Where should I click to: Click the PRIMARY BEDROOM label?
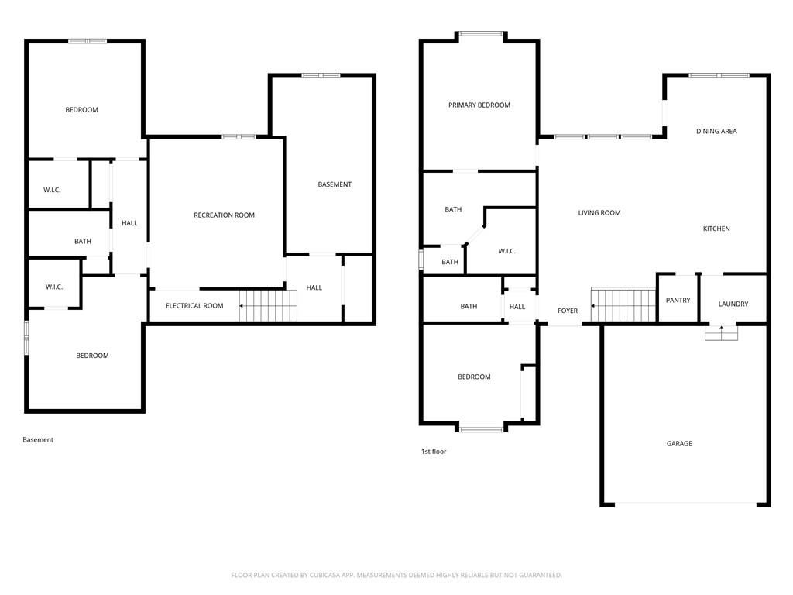click(479, 105)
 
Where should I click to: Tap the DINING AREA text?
click(716, 132)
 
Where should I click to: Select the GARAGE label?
click(679, 444)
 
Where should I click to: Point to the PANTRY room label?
click(678, 301)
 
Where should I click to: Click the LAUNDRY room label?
click(733, 304)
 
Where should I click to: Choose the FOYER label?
click(568, 311)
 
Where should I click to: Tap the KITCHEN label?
click(716, 229)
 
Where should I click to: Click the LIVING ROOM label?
click(599, 213)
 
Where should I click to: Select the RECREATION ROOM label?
click(224, 215)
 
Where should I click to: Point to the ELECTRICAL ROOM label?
click(194, 306)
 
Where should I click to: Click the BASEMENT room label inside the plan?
click(335, 184)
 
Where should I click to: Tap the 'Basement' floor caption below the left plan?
click(38, 440)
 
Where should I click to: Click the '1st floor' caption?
click(434, 452)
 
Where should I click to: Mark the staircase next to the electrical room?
click(267, 305)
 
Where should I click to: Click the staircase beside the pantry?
click(623, 304)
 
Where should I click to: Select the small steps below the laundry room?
click(721, 332)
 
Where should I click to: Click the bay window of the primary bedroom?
click(481, 34)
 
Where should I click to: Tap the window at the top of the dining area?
click(719, 75)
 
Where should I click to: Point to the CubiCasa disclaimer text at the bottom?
click(396, 575)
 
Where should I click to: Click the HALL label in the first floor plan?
click(517, 307)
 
